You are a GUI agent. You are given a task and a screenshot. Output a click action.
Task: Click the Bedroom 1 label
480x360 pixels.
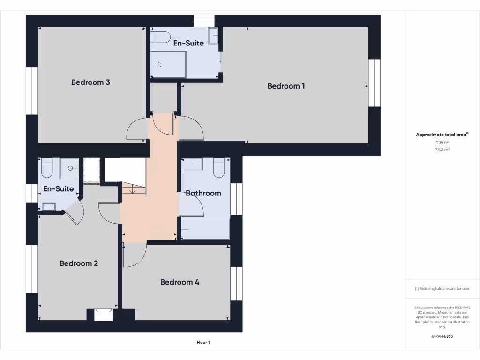[286, 86]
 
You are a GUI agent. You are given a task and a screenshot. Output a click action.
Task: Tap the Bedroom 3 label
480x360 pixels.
[90, 82]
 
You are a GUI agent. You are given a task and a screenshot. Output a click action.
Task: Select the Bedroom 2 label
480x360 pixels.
[79, 263]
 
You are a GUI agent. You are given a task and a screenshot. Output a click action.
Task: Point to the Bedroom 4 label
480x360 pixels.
[180, 282]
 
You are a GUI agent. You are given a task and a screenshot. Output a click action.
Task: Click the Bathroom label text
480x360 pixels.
[203, 193]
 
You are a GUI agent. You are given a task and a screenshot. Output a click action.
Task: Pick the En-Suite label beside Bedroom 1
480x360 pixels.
[188, 43]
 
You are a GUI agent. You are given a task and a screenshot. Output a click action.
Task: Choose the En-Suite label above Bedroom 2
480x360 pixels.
[58, 189]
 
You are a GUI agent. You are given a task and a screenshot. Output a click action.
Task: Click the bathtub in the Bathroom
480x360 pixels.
[205, 229]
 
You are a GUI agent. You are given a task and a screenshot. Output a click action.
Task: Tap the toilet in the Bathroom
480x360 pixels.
[219, 168]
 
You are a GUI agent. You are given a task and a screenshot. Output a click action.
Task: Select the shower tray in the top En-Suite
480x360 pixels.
[168, 65]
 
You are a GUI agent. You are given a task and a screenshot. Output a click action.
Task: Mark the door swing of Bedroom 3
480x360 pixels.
[137, 128]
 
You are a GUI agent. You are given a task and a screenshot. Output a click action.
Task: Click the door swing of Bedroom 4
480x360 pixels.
[135, 255]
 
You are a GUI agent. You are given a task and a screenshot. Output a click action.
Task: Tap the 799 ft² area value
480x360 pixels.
[442, 142]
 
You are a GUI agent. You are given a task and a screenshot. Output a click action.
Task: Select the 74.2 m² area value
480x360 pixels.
[442, 150]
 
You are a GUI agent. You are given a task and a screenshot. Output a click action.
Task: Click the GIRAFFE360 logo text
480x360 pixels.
[442, 336]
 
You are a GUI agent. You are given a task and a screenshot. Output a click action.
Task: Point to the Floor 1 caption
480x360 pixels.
[203, 343]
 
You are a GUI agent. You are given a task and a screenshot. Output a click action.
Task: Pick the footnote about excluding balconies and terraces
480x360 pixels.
[442, 289]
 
